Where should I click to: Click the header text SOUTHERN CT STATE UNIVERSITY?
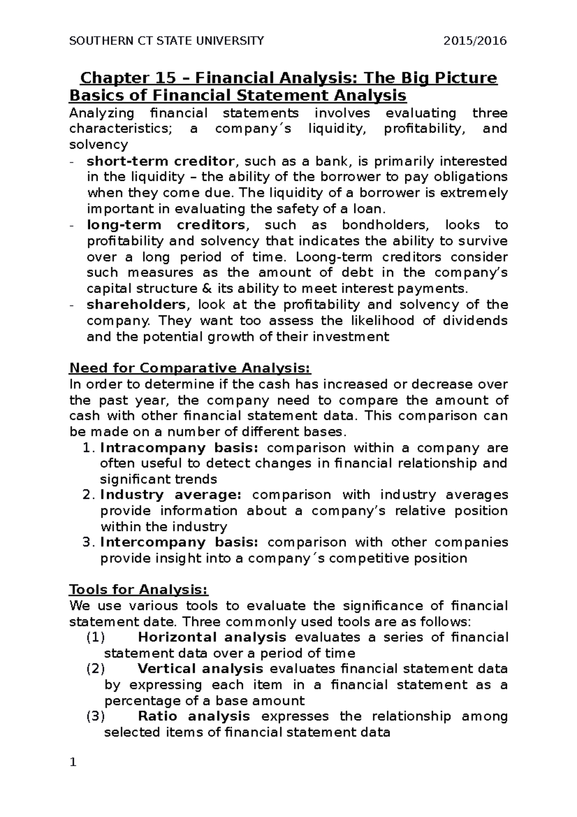coord(166,41)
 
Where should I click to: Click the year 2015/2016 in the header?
coord(476,41)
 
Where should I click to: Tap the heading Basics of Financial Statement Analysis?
coord(238,96)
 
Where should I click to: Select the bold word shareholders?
coord(136,305)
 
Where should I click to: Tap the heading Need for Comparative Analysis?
coord(190,368)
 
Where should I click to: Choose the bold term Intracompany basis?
coord(179,448)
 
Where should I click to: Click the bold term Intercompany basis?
coord(179,542)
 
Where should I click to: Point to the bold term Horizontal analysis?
coord(212,638)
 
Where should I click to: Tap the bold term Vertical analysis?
coord(200,669)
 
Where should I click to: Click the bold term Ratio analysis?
coord(194,716)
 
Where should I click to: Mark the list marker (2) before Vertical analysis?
coord(95,669)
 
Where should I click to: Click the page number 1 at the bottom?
coord(73,763)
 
